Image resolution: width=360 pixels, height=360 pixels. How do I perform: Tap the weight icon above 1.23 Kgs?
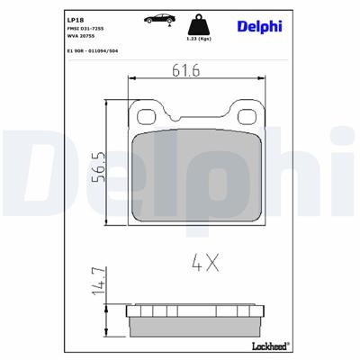click(x=198, y=22)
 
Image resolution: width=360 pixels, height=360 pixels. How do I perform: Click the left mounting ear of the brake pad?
click(x=143, y=114)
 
